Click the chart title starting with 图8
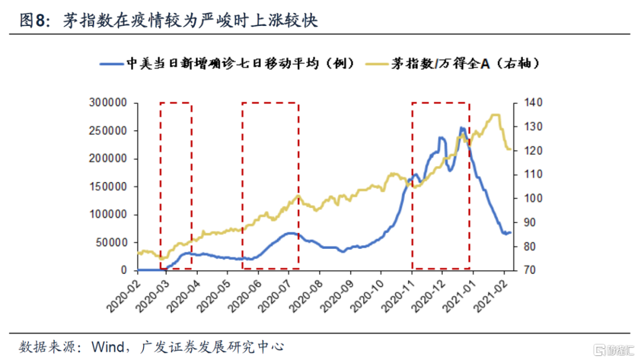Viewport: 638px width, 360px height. click(168, 21)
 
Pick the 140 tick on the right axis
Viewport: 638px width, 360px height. click(527, 103)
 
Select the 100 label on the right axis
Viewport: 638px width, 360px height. click(527, 199)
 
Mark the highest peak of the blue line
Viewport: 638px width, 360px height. click(462, 128)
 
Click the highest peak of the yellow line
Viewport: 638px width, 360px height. click(495, 115)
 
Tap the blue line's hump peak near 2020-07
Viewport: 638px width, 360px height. click(289, 233)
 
